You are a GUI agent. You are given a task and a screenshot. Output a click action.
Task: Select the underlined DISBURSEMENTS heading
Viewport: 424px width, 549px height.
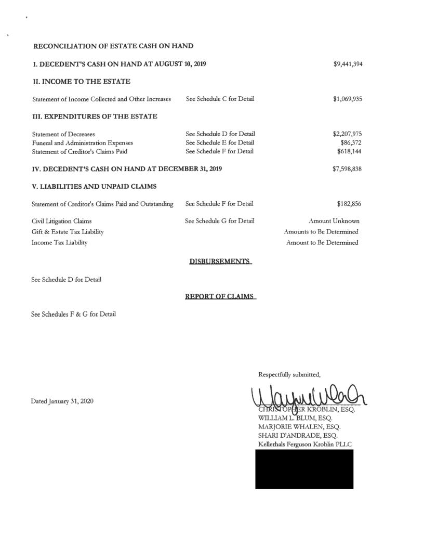pos(221,260)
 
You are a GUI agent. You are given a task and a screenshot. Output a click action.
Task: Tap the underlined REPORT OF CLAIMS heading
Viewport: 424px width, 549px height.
pos(220,296)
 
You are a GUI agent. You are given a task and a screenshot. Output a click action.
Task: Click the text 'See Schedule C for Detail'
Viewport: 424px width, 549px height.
pos(220,99)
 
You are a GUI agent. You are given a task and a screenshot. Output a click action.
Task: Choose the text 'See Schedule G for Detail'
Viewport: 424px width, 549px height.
pos(220,221)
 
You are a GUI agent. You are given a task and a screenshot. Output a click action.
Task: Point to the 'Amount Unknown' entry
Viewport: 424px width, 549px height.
pos(334,221)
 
